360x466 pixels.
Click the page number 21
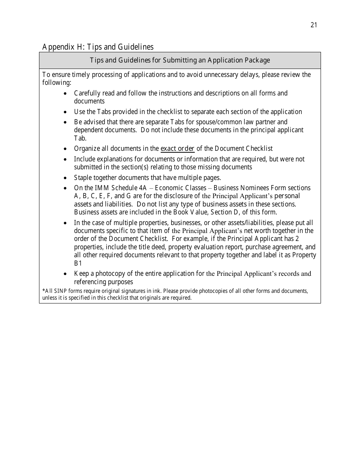[x=313, y=25]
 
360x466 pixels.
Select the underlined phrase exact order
[x=177, y=149]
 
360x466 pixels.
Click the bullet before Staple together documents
[x=66, y=178]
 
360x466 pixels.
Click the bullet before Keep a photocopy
[x=66, y=274]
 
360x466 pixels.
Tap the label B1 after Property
[x=78, y=263]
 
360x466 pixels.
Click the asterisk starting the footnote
[x=44, y=291]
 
